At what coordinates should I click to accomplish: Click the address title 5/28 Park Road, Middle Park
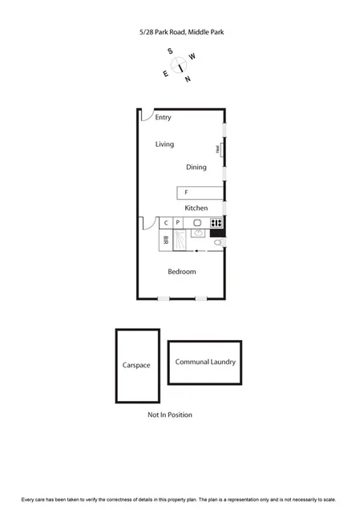(180, 33)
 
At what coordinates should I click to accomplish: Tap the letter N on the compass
(188, 79)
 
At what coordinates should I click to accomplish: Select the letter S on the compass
(171, 51)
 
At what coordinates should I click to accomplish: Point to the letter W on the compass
(192, 56)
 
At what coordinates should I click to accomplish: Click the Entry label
(164, 117)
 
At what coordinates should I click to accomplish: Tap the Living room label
(164, 144)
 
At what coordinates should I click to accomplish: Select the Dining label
(196, 168)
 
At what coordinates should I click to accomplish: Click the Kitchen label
(196, 208)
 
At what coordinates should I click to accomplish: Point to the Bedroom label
(181, 272)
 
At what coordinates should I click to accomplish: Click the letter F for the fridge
(186, 192)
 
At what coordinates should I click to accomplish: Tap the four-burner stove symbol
(216, 222)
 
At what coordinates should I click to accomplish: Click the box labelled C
(167, 222)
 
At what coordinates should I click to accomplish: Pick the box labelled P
(177, 222)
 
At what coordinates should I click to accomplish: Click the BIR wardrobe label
(166, 239)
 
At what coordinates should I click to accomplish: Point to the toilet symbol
(217, 241)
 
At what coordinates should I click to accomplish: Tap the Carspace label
(136, 365)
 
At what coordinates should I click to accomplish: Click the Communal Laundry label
(205, 362)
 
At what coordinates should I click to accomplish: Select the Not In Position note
(169, 415)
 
